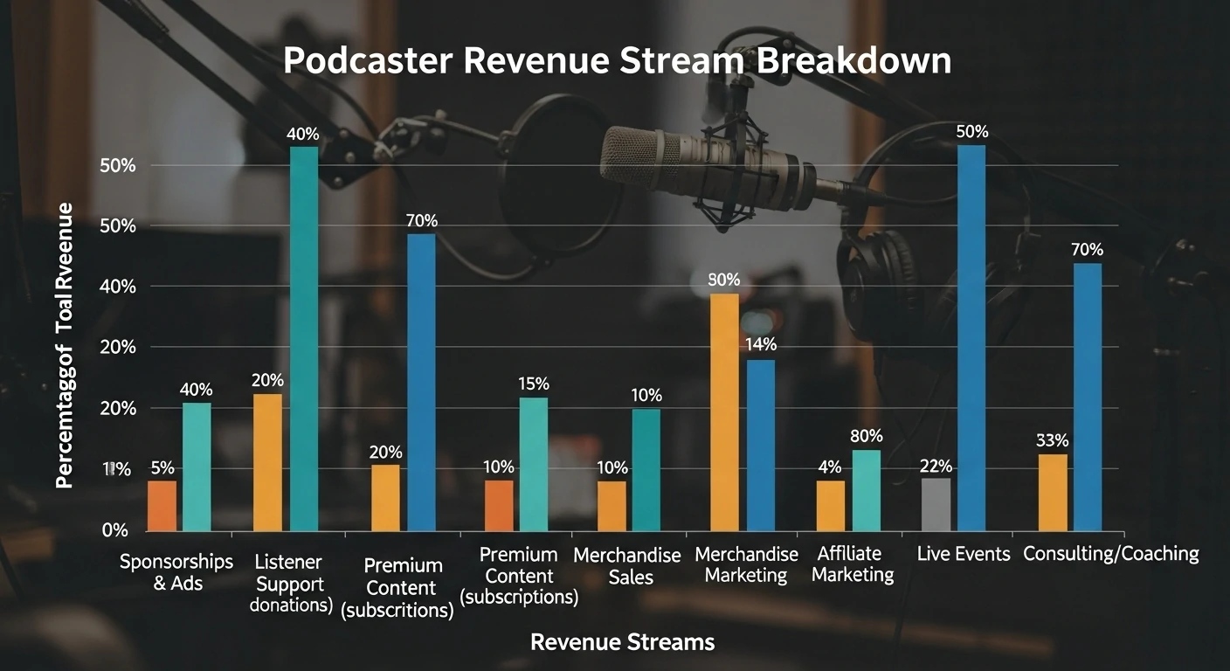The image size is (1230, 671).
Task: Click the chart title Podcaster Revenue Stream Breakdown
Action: click(617, 62)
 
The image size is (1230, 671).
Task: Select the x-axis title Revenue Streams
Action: click(622, 643)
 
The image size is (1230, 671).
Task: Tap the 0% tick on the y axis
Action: click(114, 530)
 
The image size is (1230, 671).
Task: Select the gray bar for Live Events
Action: click(936, 504)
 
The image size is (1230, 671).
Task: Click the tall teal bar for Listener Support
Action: click(304, 338)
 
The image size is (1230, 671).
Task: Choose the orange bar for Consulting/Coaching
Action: click(1053, 492)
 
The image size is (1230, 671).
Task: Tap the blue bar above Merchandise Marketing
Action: click(760, 445)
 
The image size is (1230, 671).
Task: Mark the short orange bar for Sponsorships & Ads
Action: click(162, 505)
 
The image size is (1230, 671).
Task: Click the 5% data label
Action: click(162, 467)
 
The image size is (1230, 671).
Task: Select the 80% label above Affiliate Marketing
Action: click(866, 436)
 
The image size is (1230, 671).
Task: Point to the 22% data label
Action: click(936, 466)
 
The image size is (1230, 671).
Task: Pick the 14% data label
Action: click(761, 345)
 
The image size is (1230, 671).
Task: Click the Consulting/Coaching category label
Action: click(1110, 554)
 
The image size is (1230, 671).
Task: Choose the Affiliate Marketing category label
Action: click(852, 564)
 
